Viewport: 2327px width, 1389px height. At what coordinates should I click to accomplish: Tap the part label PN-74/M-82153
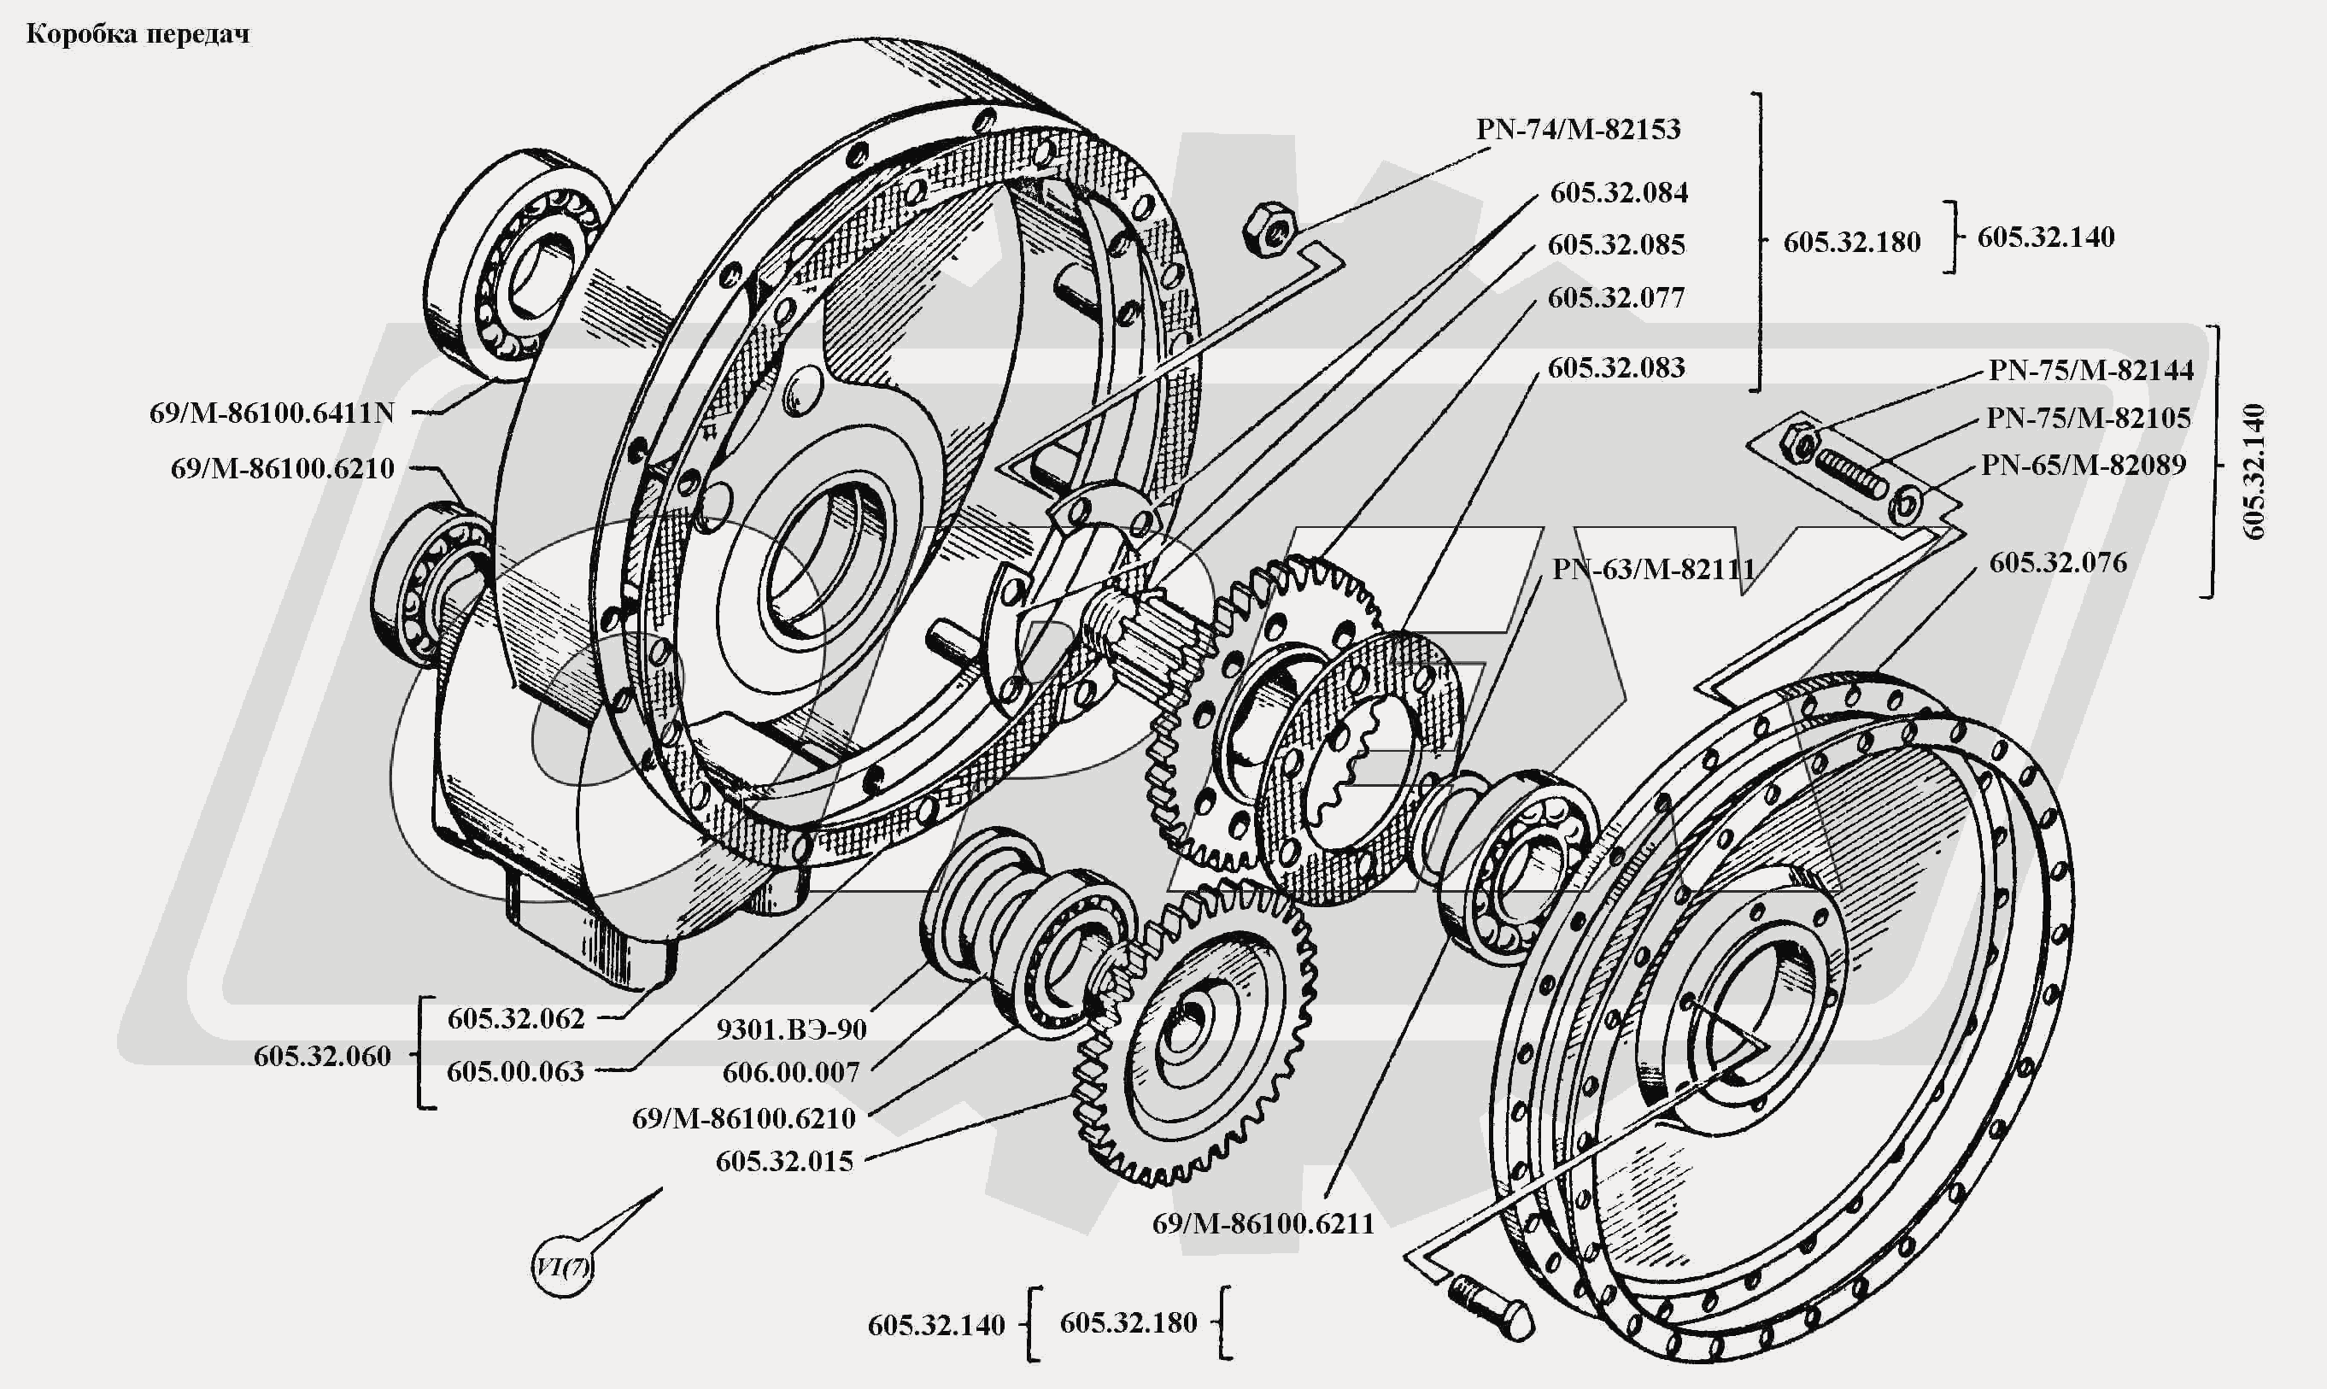click(1578, 129)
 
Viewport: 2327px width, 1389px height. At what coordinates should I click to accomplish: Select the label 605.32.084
click(1619, 193)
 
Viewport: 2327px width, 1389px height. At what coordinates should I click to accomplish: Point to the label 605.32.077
click(1615, 297)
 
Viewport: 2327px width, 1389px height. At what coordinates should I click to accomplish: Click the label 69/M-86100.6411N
click(272, 413)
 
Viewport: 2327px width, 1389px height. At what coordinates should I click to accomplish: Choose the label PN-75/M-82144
click(2090, 370)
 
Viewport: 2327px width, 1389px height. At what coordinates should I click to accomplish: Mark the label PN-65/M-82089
click(2083, 466)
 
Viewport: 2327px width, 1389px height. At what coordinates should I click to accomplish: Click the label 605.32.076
click(2057, 563)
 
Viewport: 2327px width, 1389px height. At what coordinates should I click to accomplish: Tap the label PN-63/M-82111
click(1653, 569)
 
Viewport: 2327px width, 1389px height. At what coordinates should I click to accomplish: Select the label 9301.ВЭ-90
click(791, 1029)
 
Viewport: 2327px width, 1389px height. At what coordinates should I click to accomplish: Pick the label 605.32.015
click(784, 1162)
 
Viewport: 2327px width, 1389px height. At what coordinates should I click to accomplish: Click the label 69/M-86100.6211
click(1263, 1223)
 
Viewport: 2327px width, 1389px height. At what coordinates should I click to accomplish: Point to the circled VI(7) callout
click(563, 1268)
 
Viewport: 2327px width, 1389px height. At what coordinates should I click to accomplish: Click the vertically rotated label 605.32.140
click(2254, 472)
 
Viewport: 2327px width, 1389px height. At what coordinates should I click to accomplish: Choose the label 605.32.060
click(322, 1057)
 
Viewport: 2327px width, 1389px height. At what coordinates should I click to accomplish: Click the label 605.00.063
click(515, 1072)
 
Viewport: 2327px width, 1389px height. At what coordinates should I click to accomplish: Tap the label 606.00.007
click(791, 1073)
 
